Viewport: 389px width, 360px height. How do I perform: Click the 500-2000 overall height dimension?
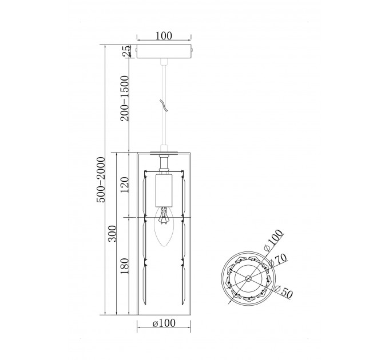[x=101, y=179]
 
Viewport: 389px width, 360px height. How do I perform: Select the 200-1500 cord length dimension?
[x=125, y=98]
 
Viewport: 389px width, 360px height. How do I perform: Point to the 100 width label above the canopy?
[x=164, y=36]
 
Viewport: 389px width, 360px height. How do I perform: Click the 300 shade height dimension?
[x=112, y=234]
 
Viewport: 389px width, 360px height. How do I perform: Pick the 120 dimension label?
[x=125, y=185]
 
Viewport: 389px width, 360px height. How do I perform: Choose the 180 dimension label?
[x=125, y=266]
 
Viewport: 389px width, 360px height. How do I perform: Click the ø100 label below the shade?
[x=164, y=323]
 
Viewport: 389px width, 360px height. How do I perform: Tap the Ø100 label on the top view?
[x=273, y=240]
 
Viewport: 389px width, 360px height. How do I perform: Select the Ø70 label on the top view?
[x=278, y=260]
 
